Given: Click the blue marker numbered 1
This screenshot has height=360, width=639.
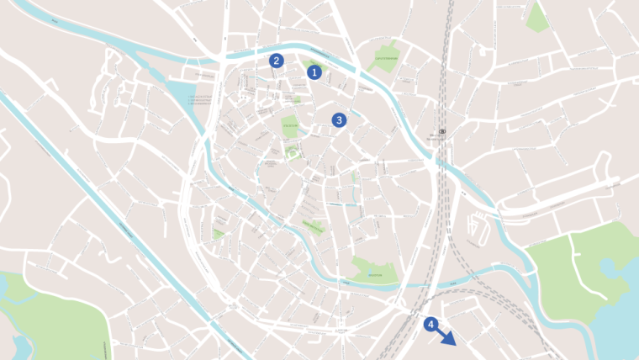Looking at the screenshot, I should coord(314,72).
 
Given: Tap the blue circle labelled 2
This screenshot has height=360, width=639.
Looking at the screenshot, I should coord(277,61).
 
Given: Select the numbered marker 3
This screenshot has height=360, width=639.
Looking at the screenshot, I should coord(339,120).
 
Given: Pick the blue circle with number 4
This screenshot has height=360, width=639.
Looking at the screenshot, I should coord(431,324).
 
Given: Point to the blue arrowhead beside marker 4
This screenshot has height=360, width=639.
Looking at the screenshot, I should coord(450,341).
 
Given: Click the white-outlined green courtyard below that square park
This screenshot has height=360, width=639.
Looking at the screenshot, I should coord(292,152).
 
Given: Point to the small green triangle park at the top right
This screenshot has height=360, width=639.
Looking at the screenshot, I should coord(536,19).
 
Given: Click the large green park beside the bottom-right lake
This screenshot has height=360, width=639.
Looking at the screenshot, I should coord(589,261).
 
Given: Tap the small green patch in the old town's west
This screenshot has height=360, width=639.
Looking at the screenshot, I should coord(219,234).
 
